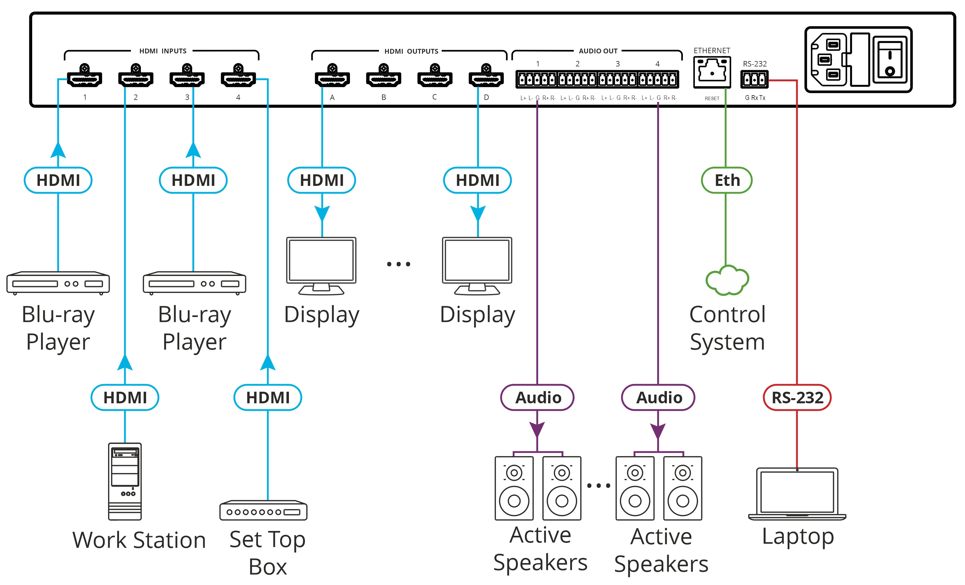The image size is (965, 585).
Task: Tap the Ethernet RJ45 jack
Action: click(712, 72)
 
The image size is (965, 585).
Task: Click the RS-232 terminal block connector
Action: click(754, 79)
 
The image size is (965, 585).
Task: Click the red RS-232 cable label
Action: click(797, 398)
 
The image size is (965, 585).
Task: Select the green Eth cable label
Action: click(727, 180)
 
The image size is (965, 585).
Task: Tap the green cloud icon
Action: click(727, 280)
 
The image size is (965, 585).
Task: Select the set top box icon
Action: click(263, 510)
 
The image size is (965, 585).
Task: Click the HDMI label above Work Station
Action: click(125, 398)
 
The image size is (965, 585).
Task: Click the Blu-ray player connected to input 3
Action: click(194, 283)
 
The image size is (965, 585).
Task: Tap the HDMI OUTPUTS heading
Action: click(411, 51)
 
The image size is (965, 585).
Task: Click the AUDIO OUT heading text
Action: click(598, 51)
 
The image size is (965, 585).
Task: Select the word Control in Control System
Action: click(727, 315)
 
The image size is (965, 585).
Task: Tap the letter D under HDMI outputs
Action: click(486, 97)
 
